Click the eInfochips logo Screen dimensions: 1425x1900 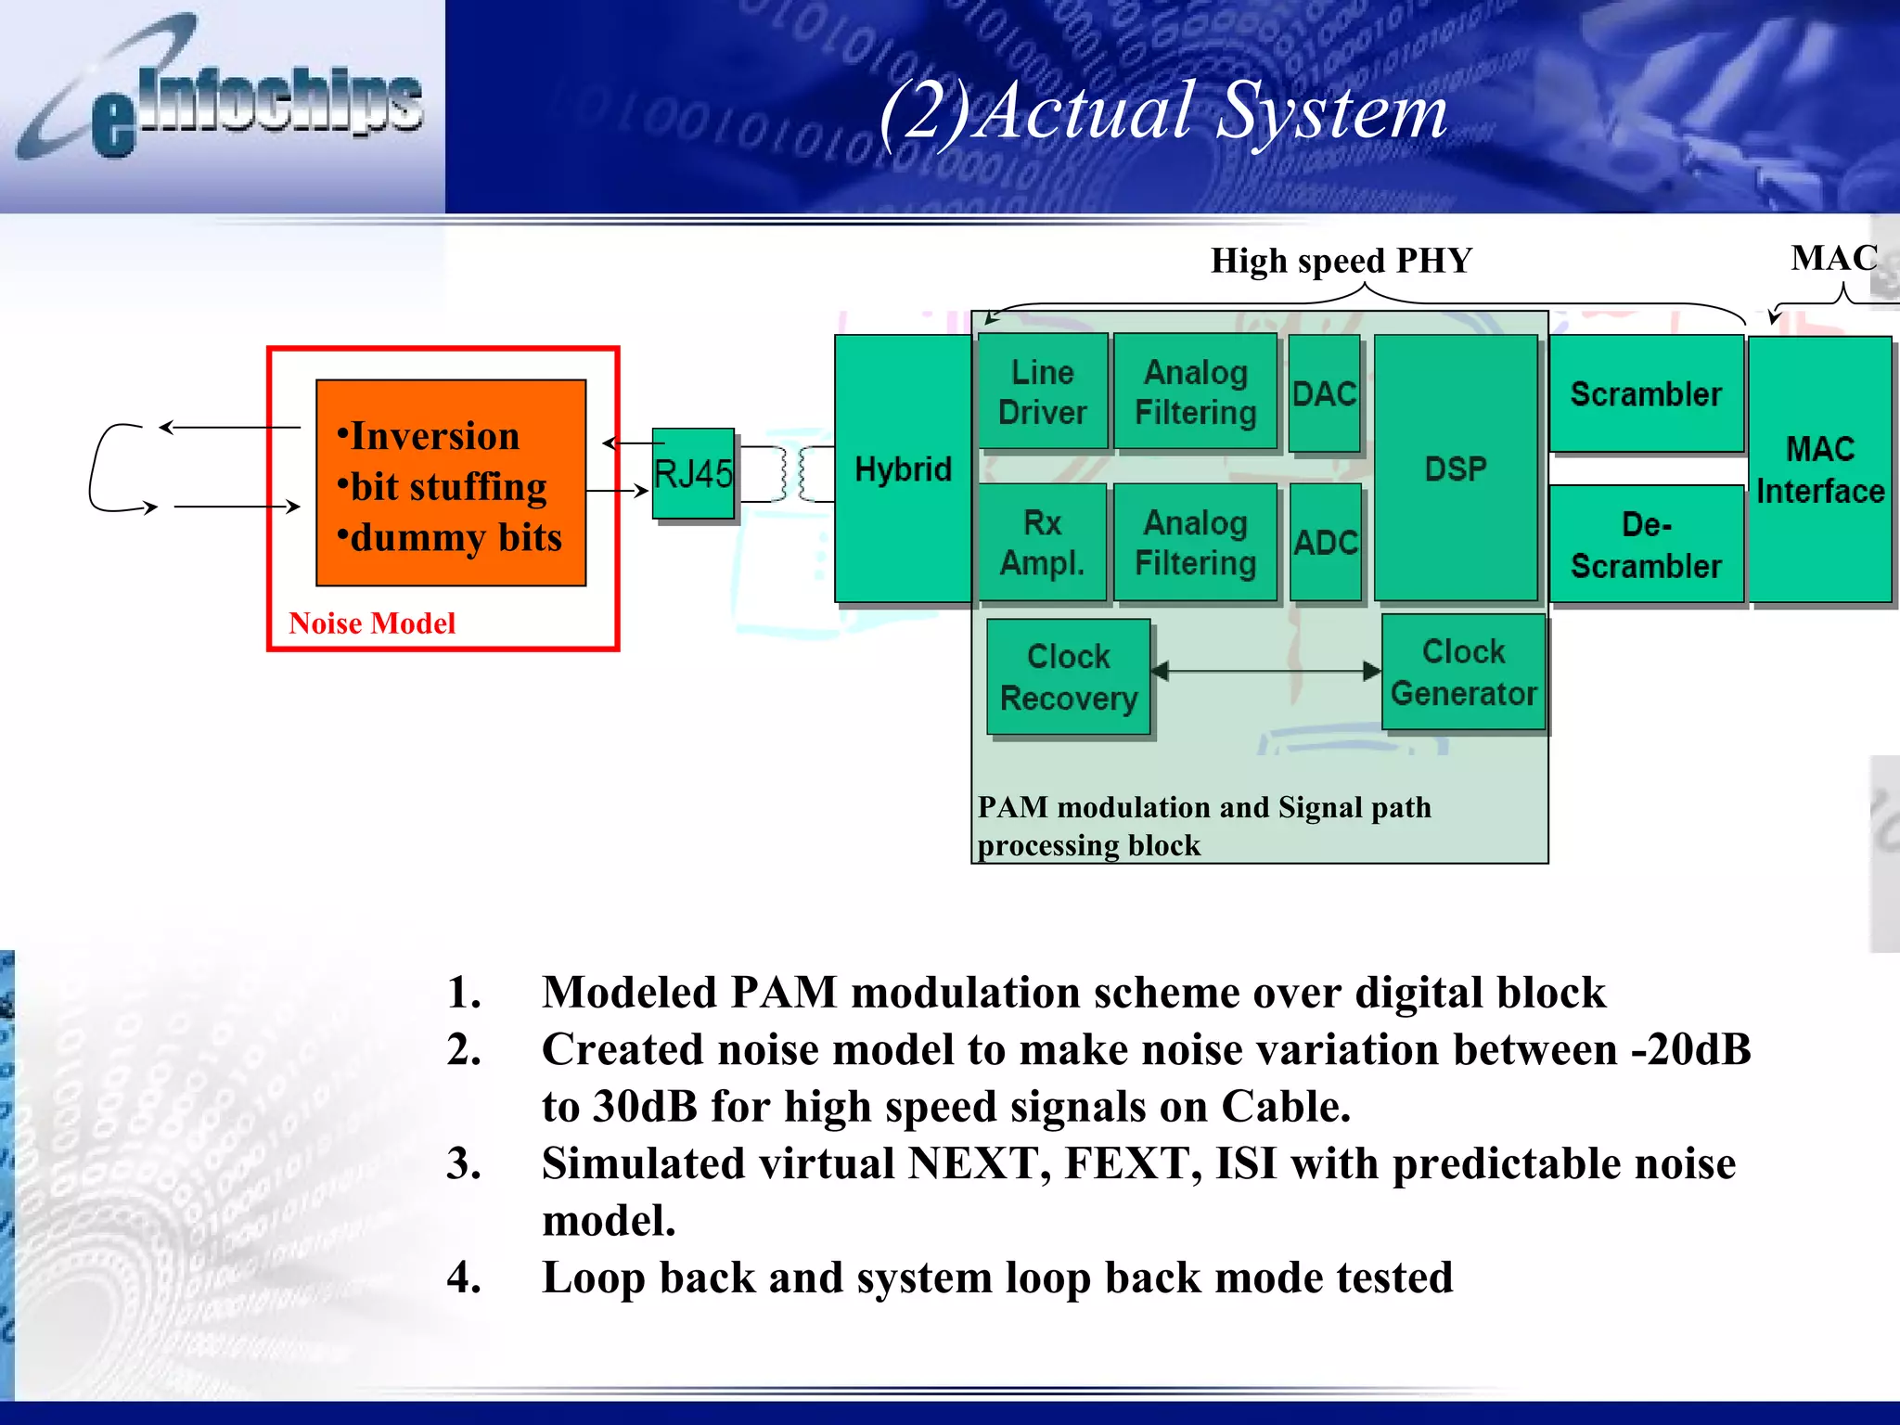coord(223,97)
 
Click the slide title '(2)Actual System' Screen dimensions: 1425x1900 coord(1163,111)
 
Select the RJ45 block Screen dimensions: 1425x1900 coord(693,473)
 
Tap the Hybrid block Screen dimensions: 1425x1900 coord(902,469)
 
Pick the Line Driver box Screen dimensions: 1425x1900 coord(1043,392)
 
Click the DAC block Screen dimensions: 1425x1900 coord(1325,393)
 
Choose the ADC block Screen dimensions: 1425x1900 coord(1326,542)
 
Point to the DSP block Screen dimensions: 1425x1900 coord(1455,469)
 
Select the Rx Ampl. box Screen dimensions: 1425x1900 coord(1043,542)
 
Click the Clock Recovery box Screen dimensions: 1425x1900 coord(1069,677)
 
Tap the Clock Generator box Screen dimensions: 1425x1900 coord(1464,672)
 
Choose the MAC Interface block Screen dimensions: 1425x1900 coord(1819,469)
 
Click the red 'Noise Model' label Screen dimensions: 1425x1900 coord(372,623)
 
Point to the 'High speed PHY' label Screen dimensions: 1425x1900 coord(1342,261)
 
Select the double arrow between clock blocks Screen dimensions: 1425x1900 coord(1266,671)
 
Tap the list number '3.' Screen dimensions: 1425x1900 coord(464,1163)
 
